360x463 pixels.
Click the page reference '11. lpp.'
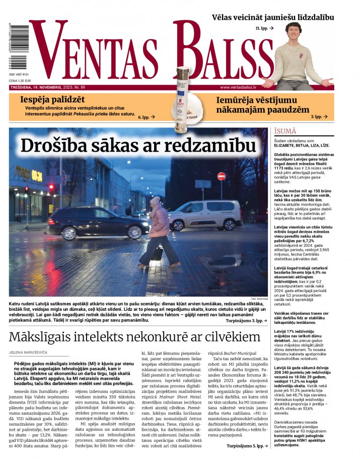coord(264,28)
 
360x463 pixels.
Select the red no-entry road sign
coord(221,176)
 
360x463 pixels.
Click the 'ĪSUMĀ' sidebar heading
coord(285,131)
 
